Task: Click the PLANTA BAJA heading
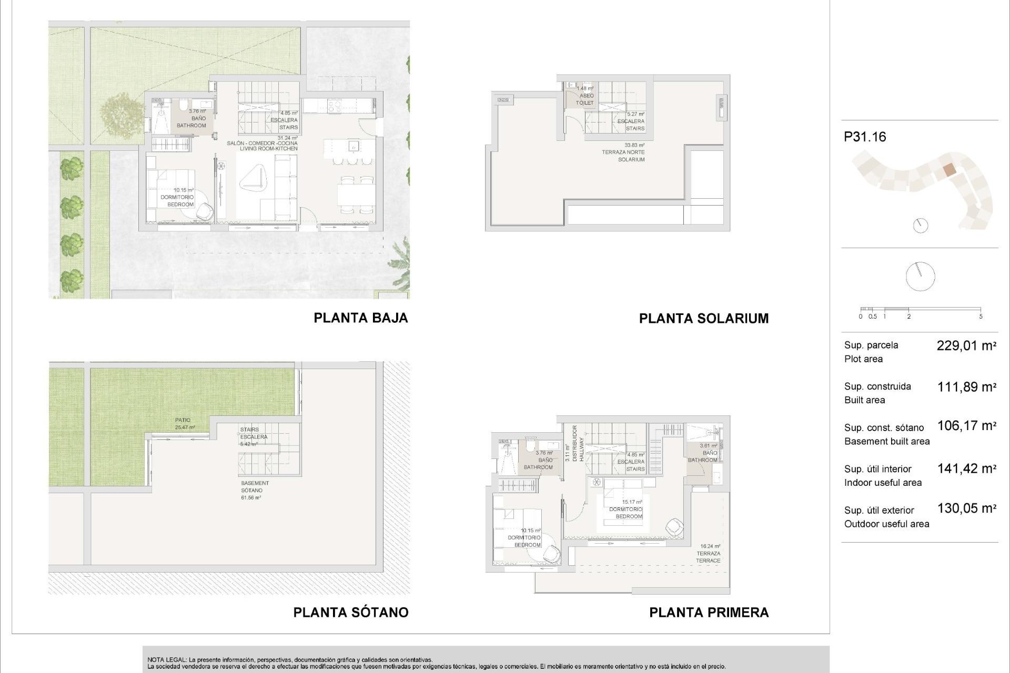(360, 318)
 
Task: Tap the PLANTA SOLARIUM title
(703, 319)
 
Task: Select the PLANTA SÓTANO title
(350, 613)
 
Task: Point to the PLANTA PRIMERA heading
(709, 613)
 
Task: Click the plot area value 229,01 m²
(966, 346)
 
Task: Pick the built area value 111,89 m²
(966, 388)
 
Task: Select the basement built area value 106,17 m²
(966, 426)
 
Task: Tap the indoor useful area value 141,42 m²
(966, 468)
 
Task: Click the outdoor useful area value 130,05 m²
(966, 508)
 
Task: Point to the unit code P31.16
(865, 137)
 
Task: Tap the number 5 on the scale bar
(981, 317)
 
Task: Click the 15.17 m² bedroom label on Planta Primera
(626, 509)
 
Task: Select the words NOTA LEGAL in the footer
(166, 660)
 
